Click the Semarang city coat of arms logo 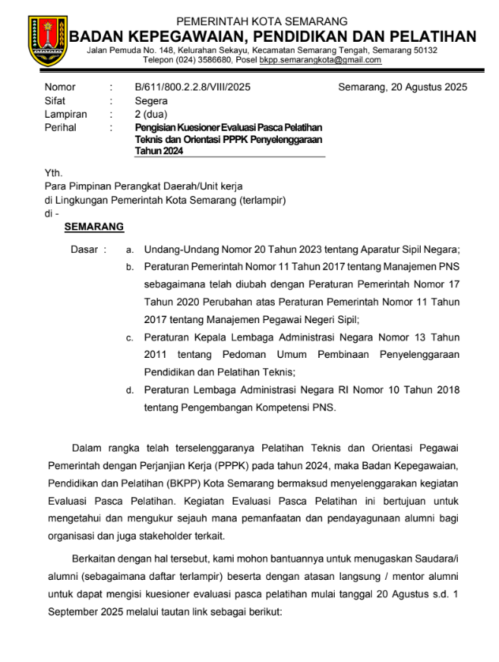tap(47, 39)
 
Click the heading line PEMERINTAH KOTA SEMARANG tap(261, 21)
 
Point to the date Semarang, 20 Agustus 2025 tap(402, 88)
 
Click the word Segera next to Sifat tap(151, 101)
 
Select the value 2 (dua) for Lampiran tap(152, 115)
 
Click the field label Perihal tap(60, 127)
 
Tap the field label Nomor tap(59, 88)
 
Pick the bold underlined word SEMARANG tap(94, 227)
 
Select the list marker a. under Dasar tap(129, 250)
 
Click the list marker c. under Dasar tap(129, 338)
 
